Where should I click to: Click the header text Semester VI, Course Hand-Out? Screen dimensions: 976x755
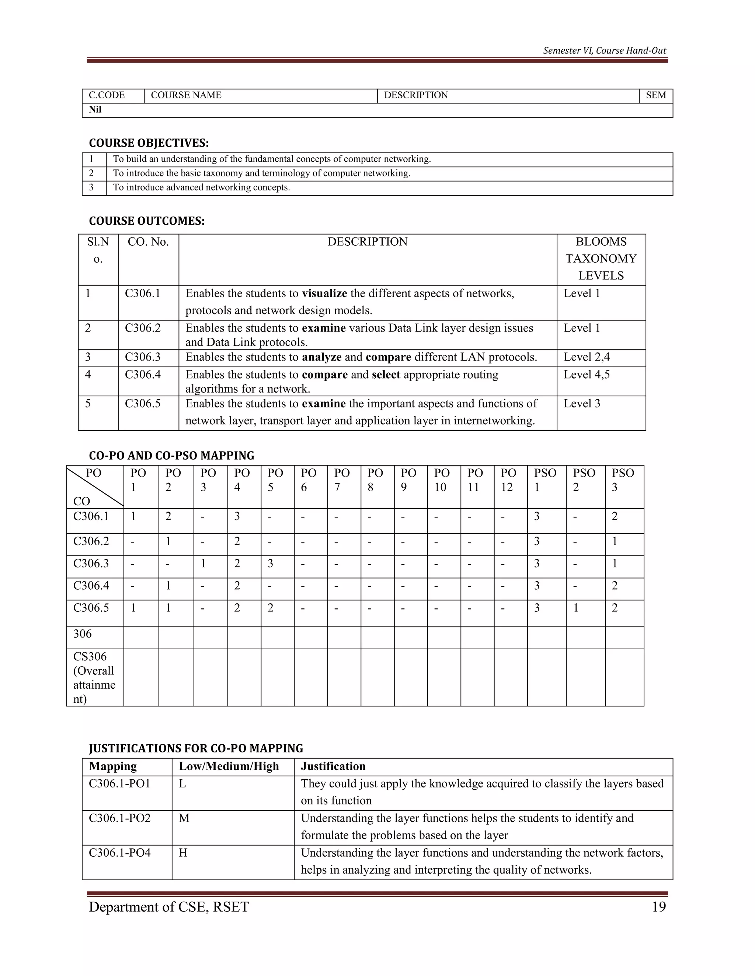point(604,50)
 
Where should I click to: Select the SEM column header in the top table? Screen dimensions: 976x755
point(656,95)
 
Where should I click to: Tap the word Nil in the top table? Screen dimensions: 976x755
point(95,109)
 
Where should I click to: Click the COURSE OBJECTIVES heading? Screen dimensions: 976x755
point(149,143)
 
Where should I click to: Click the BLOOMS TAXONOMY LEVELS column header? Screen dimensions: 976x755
point(601,259)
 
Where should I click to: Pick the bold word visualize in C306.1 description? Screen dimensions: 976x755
point(324,294)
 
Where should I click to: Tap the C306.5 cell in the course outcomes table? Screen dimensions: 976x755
point(142,404)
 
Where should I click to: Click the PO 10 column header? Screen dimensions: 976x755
point(442,480)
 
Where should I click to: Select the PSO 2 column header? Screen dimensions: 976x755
point(584,480)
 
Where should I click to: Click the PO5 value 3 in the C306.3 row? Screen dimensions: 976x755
point(271,564)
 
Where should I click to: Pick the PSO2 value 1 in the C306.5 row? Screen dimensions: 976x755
point(576,608)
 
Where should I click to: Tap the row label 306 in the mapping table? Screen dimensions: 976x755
point(82,634)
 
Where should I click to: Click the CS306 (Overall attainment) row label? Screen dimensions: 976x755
point(94,677)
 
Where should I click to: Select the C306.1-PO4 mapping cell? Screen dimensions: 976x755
point(119,853)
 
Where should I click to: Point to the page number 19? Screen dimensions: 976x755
point(659,907)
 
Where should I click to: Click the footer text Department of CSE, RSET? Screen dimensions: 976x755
point(168,907)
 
